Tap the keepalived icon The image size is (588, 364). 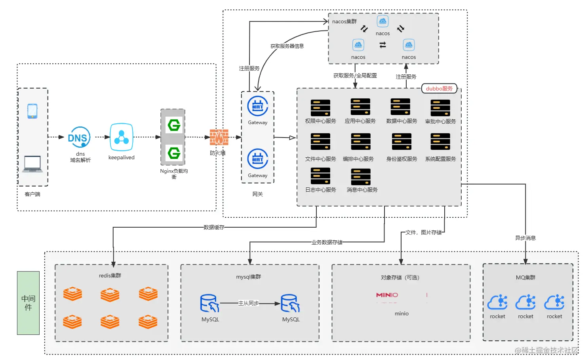tap(122, 137)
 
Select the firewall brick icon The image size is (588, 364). tap(219, 137)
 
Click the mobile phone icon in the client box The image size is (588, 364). tap(32, 111)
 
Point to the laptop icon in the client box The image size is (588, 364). tap(32, 164)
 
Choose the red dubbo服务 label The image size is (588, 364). tap(439, 89)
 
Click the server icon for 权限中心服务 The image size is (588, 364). tap(320, 108)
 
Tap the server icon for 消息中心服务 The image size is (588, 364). tap(361, 177)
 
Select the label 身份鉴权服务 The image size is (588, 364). tap(402, 159)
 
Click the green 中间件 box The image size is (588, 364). tap(28, 303)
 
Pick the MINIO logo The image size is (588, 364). tap(387, 295)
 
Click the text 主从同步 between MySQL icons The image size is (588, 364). tap(249, 303)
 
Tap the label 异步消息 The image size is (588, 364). tap(525, 238)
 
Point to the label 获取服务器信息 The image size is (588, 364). tap(287, 46)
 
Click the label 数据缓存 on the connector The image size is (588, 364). tap(214, 227)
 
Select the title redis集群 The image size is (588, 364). tap(110, 275)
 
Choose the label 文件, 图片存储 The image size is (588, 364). tap(423, 232)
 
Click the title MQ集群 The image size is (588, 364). tap(525, 277)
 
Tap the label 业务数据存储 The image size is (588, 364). tap(327, 242)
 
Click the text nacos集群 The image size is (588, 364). tap(344, 22)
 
